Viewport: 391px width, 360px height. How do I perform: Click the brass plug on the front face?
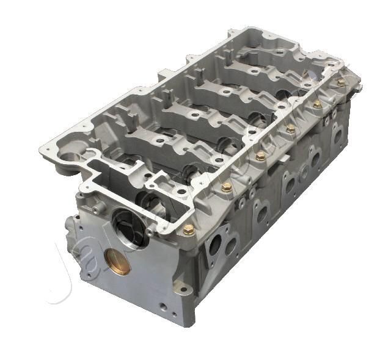click(118, 261)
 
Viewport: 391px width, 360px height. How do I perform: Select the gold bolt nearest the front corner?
click(188, 230)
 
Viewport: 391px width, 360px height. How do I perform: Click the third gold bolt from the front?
click(261, 156)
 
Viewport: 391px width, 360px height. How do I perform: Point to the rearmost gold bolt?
click(341, 82)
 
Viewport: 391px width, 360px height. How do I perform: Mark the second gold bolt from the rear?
click(317, 104)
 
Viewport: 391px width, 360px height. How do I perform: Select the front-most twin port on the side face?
click(222, 245)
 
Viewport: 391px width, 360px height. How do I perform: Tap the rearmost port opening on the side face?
click(337, 135)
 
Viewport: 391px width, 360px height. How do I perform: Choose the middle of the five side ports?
click(291, 182)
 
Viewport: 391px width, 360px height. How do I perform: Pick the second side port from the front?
click(261, 212)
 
